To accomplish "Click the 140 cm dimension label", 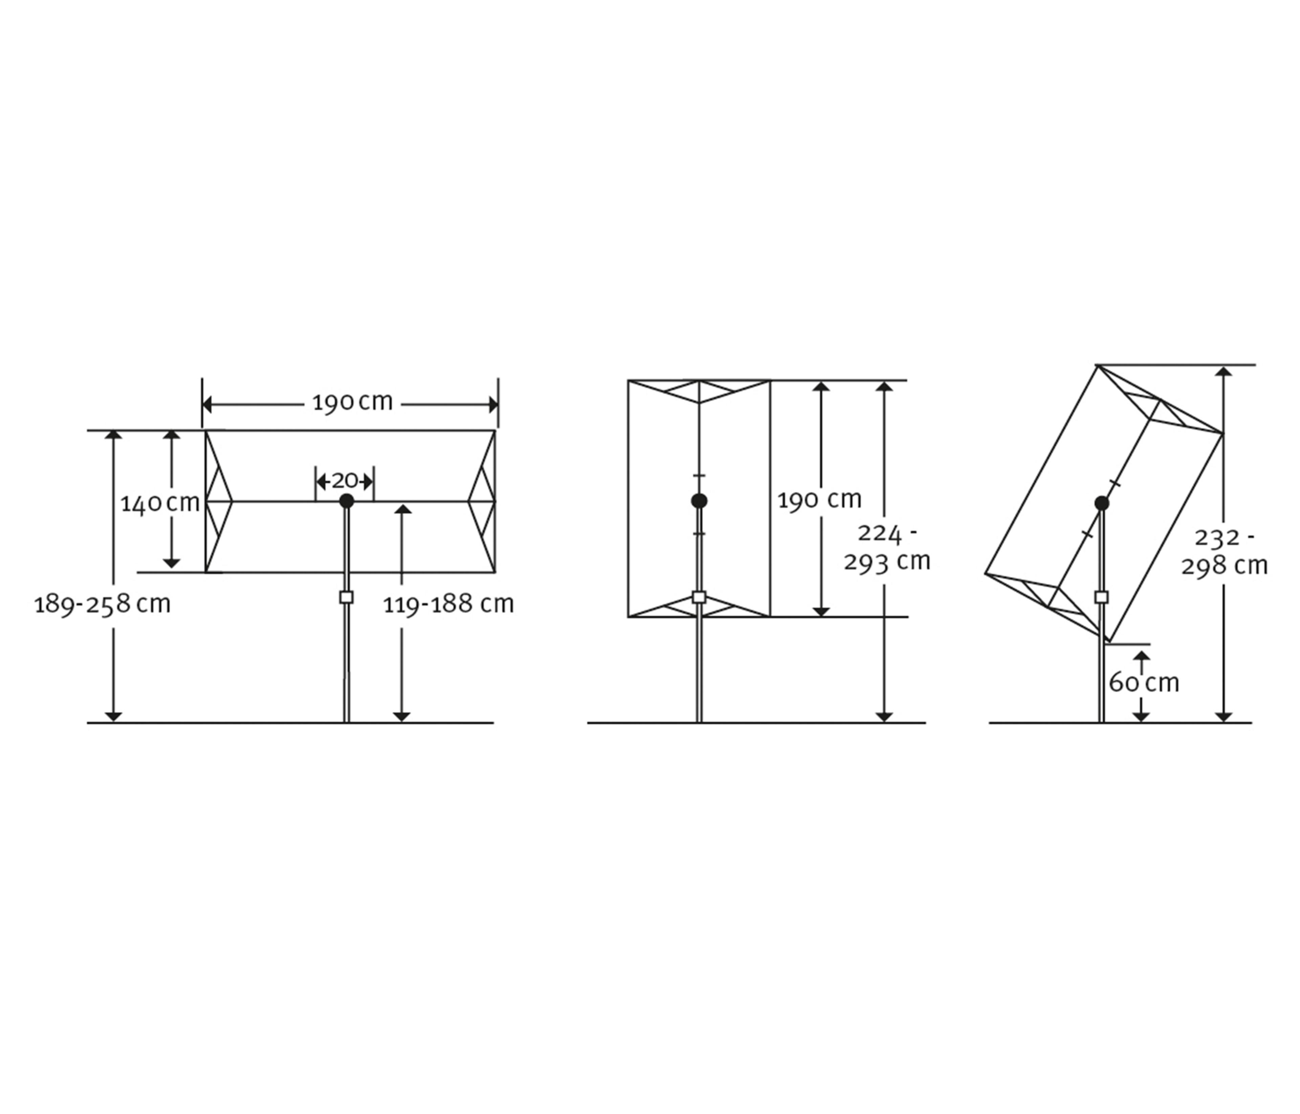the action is pyautogui.click(x=160, y=503).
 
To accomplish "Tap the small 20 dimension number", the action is pyautogui.click(x=344, y=481).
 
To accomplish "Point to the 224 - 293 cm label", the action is pyautogui.click(x=887, y=548).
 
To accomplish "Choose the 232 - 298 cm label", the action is pyautogui.click(x=1224, y=552).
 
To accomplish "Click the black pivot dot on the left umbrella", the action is pyautogui.click(x=346, y=501).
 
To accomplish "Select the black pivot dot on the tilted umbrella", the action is pyautogui.click(x=1102, y=503).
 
